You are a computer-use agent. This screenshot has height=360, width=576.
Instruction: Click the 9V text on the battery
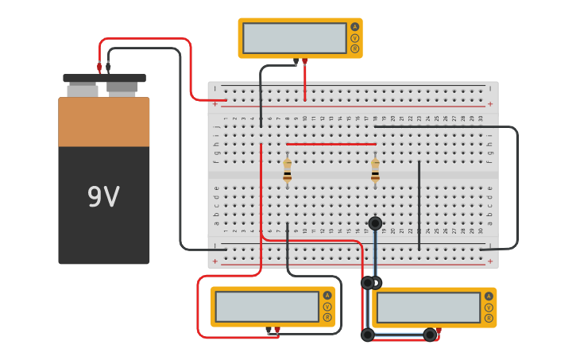[103, 197]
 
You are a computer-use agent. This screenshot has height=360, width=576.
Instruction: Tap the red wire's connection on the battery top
[99, 68]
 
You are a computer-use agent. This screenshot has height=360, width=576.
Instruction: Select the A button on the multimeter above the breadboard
[354, 27]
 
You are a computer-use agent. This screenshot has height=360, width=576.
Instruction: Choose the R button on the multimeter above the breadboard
[354, 48]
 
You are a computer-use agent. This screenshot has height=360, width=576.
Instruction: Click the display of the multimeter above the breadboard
[295, 38]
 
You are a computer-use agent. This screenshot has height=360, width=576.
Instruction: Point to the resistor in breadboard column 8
[287, 170]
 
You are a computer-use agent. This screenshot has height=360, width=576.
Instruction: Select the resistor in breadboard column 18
[375, 170]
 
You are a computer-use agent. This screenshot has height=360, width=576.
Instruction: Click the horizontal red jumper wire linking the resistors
[331, 144]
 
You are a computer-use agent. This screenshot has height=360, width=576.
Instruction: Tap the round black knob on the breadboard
[375, 223]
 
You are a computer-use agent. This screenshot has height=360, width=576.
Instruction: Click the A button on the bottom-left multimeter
[327, 296]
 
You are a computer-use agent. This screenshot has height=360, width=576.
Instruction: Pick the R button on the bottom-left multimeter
[327, 317]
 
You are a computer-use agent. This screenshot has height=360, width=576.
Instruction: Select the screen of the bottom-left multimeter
[267, 307]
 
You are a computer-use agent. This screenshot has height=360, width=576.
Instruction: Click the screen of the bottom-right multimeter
[428, 308]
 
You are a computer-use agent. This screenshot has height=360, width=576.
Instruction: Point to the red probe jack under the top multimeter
[304, 60]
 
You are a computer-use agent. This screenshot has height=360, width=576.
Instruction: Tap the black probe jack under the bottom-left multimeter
[269, 330]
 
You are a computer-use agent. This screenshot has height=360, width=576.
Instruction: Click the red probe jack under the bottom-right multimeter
[439, 330]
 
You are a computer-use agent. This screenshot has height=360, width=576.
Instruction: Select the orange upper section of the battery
[103, 122]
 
